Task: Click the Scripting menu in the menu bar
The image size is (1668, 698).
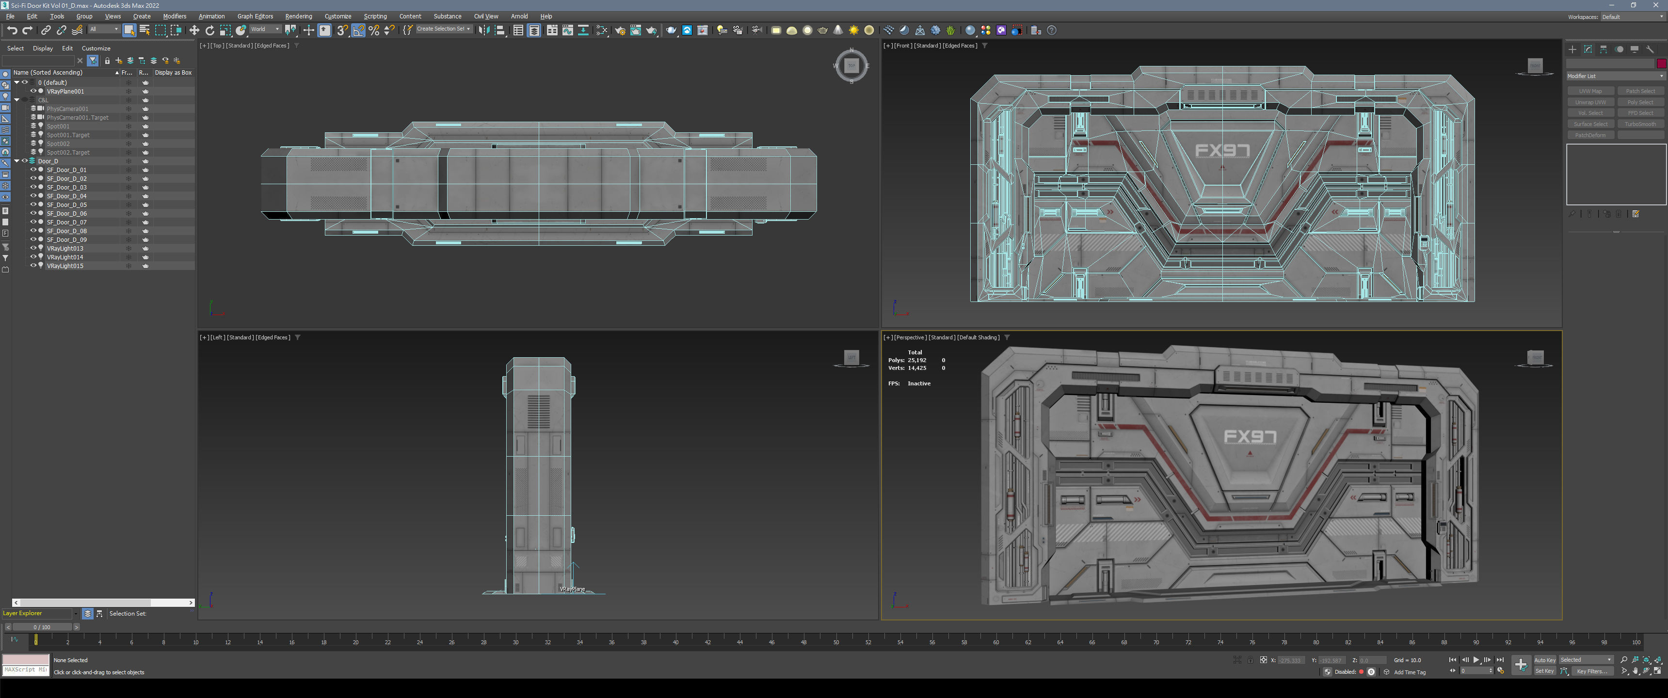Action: (x=375, y=16)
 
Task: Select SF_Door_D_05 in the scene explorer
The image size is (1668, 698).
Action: (x=67, y=205)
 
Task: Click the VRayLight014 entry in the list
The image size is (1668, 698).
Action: (x=65, y=257)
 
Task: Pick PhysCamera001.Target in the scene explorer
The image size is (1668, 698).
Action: (x=77, y=117)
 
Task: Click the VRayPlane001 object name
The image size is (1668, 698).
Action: (x=65, y=91)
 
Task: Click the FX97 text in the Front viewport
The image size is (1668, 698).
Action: (x=1221, y=151)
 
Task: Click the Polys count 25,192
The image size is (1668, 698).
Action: (x=916, y=360)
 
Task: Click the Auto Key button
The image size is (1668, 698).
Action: (x=1544, y=660)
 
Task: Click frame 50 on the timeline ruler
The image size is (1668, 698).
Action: (x=836, y=642)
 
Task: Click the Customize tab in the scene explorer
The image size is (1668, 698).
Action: (x=96, y=48)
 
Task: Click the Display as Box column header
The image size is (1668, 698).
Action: (x=173, y=73)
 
